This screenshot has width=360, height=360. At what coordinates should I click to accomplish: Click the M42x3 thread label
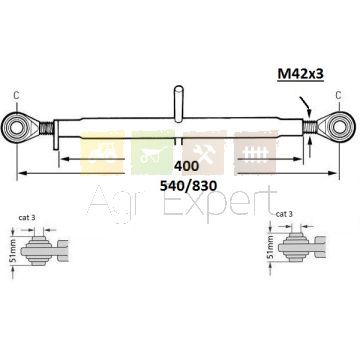click(x=300, y=74)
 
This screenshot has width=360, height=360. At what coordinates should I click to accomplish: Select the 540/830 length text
click(x=188, y=186)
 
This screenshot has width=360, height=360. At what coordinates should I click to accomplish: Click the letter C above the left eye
click(x=16, y=95)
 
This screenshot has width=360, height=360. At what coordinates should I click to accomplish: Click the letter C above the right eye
click(x=338, y=95)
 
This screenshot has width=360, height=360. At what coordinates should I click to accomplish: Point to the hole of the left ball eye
click(x=16, y=128)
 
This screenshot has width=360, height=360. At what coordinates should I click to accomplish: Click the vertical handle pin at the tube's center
click(x=179, y=102)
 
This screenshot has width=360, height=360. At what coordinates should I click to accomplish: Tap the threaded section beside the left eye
click(x=46, y=128)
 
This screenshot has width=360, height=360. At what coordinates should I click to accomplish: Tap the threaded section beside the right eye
click(x=310, y=128)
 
